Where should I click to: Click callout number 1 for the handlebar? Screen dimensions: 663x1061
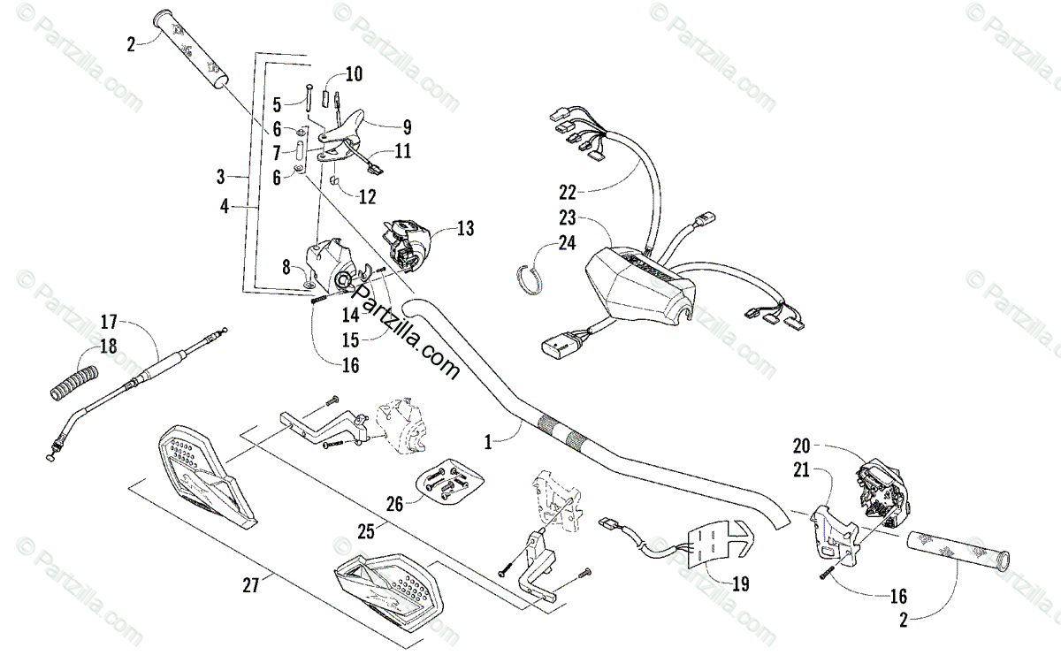click(x=492, y=437)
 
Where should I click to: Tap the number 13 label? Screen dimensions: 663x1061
click(x=465, y=229)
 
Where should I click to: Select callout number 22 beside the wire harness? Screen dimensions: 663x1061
click(x=567, y=191)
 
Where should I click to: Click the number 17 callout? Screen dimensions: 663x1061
click(x=109, y=321)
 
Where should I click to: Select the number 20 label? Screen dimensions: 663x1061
click(x=800, y=446)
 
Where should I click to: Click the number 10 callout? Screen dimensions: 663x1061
click(x=354, y=74)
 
